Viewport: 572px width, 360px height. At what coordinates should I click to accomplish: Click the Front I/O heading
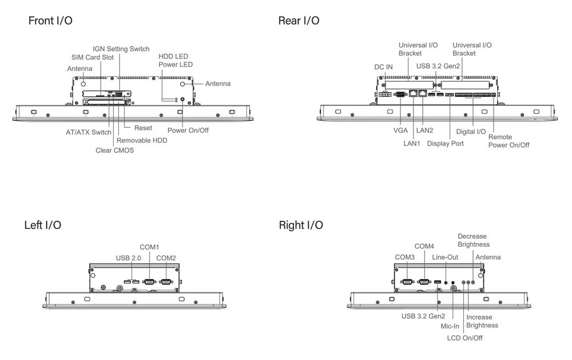(50, 21)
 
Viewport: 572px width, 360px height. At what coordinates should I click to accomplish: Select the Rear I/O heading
(299, 21)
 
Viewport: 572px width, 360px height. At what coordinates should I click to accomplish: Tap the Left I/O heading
(42, 225)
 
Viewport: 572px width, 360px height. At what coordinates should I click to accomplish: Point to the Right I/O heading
(301, 225)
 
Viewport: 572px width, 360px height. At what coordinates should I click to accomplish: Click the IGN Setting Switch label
(121, 49)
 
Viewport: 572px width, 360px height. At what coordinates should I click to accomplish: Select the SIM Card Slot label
(93, 57)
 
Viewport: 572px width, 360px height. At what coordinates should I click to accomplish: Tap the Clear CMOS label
(114, 151)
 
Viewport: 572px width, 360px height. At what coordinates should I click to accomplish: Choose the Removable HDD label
(142, 140)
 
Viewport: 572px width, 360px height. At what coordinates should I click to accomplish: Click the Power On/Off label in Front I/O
(188, 130)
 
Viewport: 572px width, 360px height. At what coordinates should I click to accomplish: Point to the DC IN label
(383, 67)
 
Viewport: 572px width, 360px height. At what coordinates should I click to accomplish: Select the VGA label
(400, 131)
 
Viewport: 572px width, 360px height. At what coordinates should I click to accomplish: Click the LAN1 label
(412, 143)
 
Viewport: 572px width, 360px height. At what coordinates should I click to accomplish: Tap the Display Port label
(446, 143)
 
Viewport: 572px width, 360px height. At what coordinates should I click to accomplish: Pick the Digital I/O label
(471, 132)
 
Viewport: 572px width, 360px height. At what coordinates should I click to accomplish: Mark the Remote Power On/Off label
(509, 141)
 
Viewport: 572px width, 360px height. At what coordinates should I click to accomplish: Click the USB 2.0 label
(128, 258)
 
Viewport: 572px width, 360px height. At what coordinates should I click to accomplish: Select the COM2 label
(166, 258)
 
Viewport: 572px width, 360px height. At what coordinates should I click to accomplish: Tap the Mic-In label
(450, 326)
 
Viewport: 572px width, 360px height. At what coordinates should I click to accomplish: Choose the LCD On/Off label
(464, 338)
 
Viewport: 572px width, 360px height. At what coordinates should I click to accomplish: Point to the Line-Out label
(445, 257)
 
